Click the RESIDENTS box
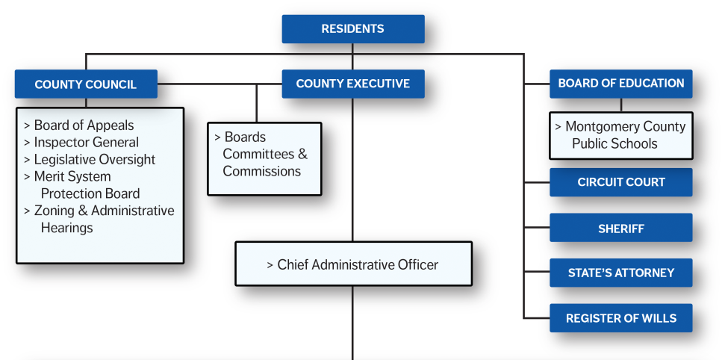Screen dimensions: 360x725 click(x=352, y=29)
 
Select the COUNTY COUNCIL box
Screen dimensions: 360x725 click(x=85, y=84)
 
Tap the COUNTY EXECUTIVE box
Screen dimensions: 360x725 click(x=352, y=84)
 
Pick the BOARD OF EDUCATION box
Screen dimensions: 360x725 click(x=620, y=84)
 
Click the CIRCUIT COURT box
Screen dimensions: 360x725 click(x=620, y=182)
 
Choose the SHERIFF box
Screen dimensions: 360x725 click(x=620, y=228)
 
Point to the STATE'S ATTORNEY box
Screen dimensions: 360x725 click(x=620, y=273)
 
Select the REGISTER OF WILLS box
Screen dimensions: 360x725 click(x=620, y=318)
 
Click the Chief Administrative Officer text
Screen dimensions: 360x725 click(x=358, y=264)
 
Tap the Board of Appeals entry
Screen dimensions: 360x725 click(x=84, y=125)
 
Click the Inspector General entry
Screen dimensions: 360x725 click(x=86, y=142)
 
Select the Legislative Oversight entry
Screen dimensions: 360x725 click(x=94, y=159)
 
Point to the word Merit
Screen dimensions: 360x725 click(x=51, y=176)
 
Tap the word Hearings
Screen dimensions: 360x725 click(x=66, y=228)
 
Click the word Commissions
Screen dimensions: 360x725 click(x=261, y=171)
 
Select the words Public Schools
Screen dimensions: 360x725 click(x=614, y=143)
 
